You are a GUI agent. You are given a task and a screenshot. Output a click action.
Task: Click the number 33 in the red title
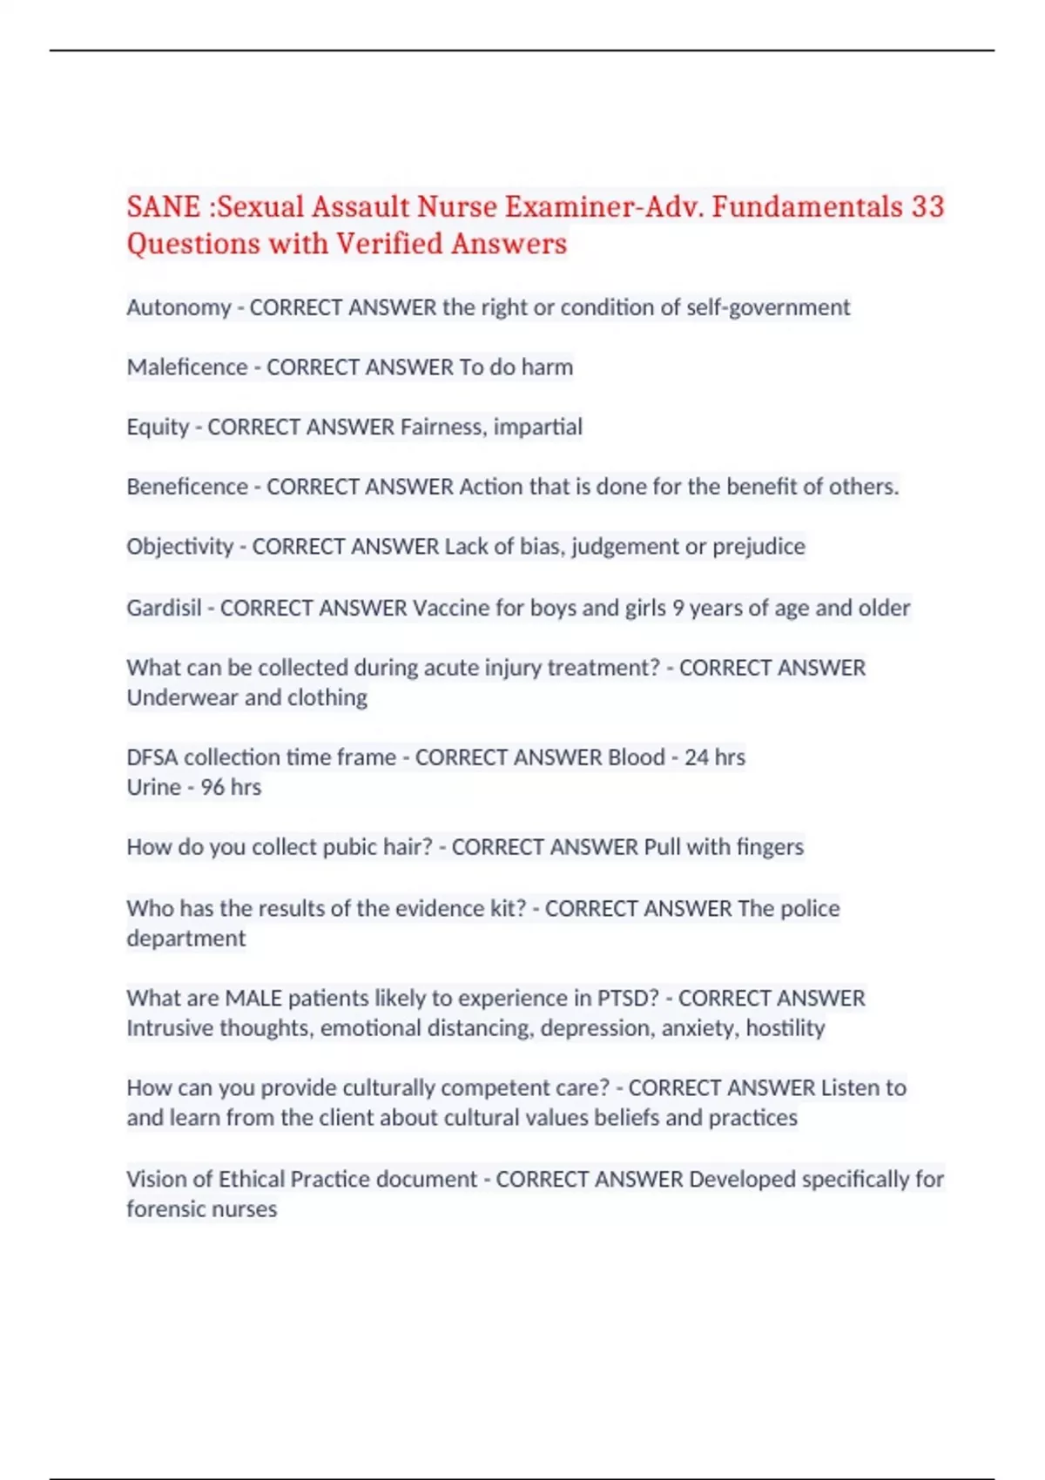[x=927, y=207]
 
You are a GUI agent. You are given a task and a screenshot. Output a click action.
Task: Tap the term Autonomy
[x=179, y=307]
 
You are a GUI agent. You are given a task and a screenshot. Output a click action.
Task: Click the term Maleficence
[x=187, y=367]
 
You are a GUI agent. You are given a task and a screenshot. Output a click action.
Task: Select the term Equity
[x=158, y=427]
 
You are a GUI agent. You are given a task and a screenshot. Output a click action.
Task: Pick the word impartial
[x=538, y=427]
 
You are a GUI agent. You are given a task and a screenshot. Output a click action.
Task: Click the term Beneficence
[x=187, y=487]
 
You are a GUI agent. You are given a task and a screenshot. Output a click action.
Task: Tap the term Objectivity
[x=179, y=547]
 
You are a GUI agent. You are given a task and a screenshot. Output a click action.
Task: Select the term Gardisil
[x=164, y=608]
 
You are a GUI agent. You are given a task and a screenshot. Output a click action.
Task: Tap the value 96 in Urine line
[x=212, y=787]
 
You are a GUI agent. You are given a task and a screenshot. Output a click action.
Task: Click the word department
[x=185, y=938]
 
